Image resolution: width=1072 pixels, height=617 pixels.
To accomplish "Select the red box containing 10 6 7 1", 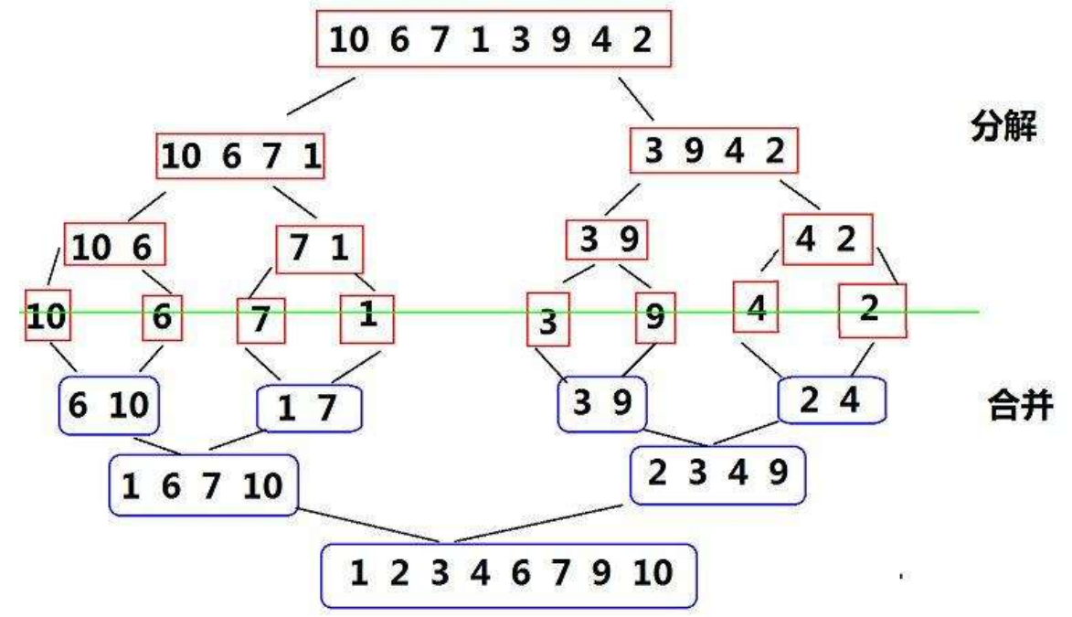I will (241, 158).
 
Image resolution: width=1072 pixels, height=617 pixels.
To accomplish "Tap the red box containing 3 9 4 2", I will (714, 152).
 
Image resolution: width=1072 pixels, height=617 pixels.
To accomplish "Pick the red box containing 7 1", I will (319, 249).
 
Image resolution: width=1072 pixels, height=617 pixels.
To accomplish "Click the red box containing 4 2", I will (827, 239).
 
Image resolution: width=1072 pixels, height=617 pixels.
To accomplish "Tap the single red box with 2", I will (871, 310).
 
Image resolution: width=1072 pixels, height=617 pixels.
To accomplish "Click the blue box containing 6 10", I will (108, 405).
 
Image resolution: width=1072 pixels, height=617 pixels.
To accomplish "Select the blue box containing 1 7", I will (310, 409).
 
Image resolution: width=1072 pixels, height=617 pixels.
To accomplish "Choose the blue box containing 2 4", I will (833, 399).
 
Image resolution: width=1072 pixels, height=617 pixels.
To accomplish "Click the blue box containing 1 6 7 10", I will (203, 484).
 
